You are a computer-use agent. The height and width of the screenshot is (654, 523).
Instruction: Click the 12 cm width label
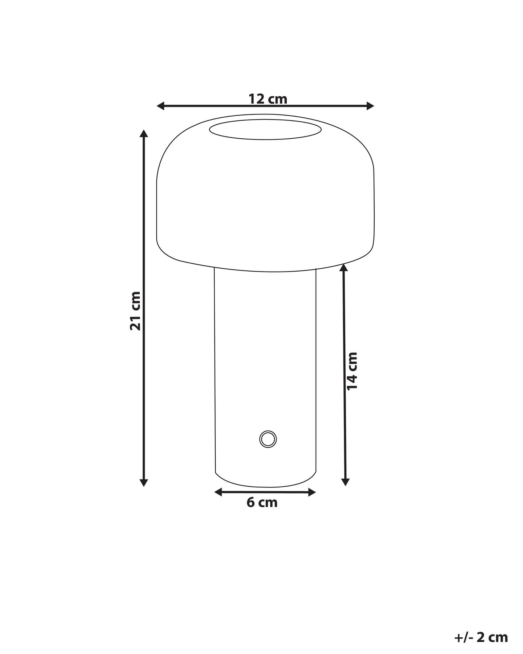tap(268, 99)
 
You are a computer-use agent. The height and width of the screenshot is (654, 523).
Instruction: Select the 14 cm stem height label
tap(352, 371)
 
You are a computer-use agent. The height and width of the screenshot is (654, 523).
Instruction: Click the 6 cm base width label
tap(262, 503)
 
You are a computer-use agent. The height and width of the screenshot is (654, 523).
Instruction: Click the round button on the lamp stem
tap(268, 439)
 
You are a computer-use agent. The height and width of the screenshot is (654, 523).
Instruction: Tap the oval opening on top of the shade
tap(265, 130)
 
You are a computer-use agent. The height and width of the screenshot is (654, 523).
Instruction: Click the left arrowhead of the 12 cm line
tap(161, 106)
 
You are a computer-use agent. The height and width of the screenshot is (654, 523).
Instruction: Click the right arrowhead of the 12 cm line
tap(370, 106)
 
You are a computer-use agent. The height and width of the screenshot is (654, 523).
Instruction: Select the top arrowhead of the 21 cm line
tap(144, 133)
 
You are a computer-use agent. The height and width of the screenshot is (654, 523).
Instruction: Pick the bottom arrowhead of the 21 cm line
tap(144, 482)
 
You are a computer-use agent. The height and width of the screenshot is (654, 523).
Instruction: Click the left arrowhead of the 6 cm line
tap(218, 492)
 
